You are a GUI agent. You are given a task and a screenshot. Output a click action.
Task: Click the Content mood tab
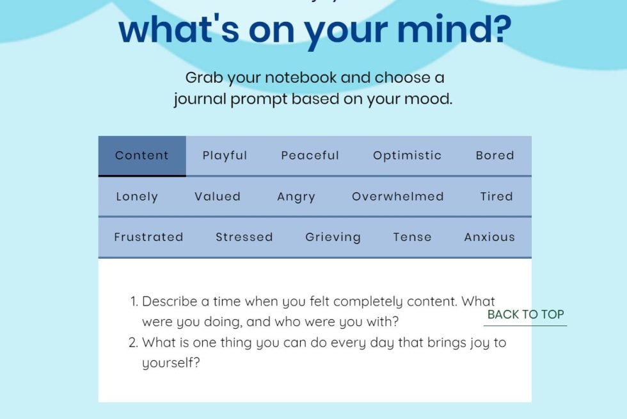point(142,156)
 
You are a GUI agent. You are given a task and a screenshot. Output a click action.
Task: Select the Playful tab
point(225,156)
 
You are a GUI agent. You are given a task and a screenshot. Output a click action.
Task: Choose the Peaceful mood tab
point(310,156)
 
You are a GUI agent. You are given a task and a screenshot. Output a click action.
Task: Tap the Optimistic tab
point(408,156)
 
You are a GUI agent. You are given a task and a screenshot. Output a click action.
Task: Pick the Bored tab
point(495,156)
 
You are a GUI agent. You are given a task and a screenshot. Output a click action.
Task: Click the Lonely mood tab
point(137,197)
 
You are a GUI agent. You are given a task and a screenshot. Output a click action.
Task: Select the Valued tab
point(218,197)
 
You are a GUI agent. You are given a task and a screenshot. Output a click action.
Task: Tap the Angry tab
point(296,197)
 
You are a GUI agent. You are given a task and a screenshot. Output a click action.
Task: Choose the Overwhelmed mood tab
point(398,197)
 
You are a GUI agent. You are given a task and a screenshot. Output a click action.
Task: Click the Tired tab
point(497,197)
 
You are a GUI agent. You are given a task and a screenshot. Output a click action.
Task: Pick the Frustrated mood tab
point(148,237)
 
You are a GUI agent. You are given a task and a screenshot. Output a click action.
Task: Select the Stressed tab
point(244,237)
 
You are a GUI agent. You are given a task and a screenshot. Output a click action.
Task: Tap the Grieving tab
point(333,237)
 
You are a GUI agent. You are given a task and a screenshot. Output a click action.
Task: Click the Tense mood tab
point(413,237)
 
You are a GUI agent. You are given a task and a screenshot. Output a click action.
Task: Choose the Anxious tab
point(490,237)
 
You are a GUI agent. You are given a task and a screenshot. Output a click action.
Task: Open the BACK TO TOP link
point(525,315)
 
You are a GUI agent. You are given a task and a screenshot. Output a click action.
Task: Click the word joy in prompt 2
point(475,343)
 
